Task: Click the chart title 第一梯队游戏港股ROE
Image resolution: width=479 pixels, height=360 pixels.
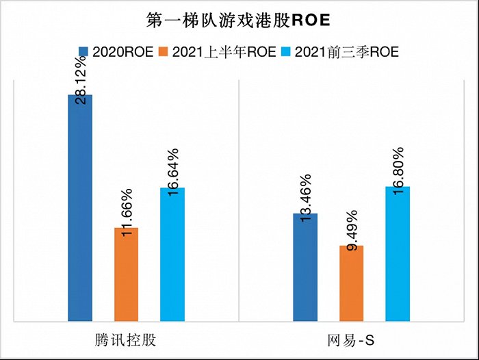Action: (239, 20)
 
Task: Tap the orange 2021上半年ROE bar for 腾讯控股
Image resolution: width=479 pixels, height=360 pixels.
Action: (126, 274)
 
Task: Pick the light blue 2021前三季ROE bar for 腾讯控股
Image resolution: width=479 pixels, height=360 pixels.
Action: (172, 254)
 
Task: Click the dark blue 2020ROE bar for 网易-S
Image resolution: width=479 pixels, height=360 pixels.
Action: (305, 267)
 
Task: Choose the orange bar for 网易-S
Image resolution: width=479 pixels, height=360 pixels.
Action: (351, 283)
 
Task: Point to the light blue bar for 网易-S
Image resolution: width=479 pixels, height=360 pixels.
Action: (398, 253)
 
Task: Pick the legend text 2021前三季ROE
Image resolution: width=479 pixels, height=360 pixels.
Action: (346, 52)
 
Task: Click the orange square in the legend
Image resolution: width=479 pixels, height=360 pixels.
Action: (163, 52)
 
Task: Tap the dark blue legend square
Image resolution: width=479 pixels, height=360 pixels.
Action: (83, 52)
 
